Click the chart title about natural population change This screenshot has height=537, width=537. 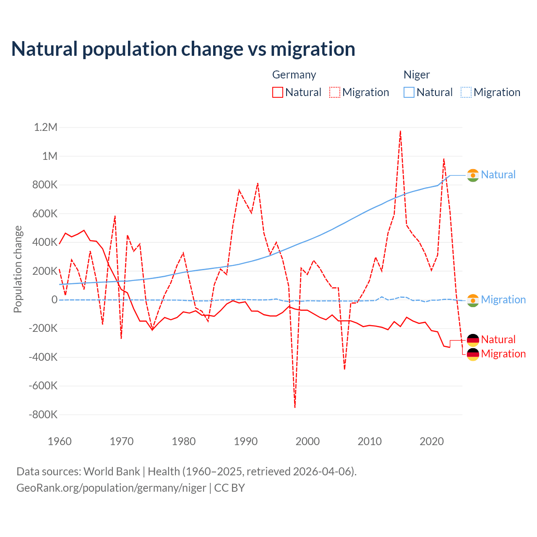(x=183, y=49)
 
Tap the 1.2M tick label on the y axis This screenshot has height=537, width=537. (x=45, y=127)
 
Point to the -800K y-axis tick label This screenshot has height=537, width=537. (x=43, y=414)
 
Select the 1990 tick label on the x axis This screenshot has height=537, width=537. (x=245, y=441)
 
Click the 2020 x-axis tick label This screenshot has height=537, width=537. (x=432, y=441)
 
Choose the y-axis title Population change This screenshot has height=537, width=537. (x=18, y=269)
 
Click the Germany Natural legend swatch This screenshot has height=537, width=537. (x=278, y=92)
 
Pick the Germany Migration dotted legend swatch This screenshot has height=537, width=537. (x=335, y=92)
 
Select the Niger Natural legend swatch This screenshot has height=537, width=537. (x=409, y=92)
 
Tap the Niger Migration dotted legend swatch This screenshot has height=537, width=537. (x=466, y=92)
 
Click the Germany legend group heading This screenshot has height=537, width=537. (x=294, y=75)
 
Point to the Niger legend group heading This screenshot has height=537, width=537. (x=417, y=75)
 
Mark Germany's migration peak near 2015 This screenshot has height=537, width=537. (x=401, y=131)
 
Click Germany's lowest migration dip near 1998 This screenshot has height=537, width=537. (x=295, y=407)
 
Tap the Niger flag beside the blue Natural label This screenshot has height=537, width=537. (x=473, y=175)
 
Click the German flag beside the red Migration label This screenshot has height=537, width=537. (x=473, y=354)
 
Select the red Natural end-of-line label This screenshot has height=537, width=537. (x=498, y=339)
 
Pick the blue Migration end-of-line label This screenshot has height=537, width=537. (x=503, y=300)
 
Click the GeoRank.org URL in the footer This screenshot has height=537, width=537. (x=111, y=488)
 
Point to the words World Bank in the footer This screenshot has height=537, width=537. (x=112, y=471)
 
